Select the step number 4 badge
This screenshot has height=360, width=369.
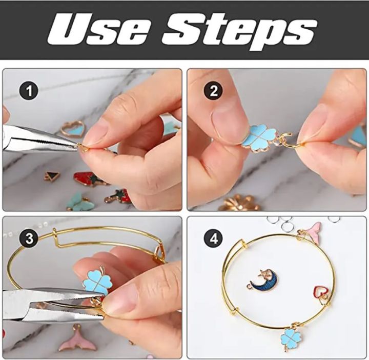tap(213, 239)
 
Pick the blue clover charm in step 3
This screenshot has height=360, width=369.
tap(98, 282)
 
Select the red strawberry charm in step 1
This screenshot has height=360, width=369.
tap(89, 179)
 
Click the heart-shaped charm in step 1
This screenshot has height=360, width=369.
tap(73, 129)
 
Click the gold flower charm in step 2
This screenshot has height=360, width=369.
tap(239, 203)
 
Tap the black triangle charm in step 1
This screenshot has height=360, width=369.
tap(51, 177)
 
